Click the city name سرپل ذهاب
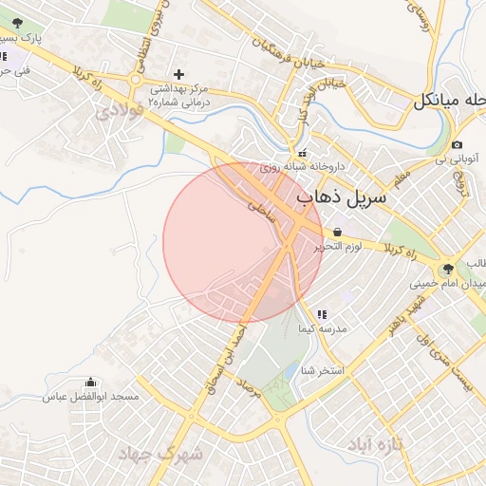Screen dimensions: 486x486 click(343, 198)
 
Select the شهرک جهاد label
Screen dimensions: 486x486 click(161, 454)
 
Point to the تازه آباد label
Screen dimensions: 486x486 click(376, 444)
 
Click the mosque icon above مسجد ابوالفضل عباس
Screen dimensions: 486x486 click(90, 383)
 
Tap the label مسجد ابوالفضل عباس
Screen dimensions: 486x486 click(90, 397)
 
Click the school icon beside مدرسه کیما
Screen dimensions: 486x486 click(321, 313)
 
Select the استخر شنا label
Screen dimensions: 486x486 click(323, 368)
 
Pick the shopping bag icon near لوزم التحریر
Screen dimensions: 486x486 click(338, 232)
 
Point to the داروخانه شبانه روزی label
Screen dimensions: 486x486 click(283, 166)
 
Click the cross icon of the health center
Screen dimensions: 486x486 click(179, 73)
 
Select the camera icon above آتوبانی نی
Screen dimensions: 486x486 click(458, 144)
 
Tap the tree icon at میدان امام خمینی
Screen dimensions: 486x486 click(448, 269)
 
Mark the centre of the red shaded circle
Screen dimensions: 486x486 click(243, 243)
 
